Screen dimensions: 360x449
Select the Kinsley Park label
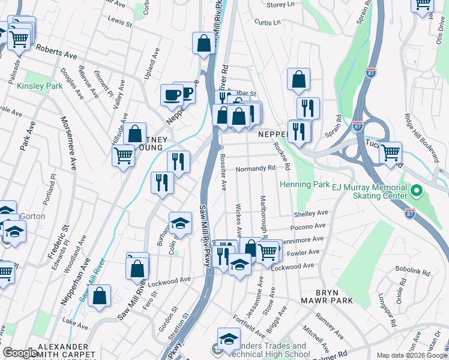click(x=40, y=86)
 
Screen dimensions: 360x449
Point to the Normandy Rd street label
click(x=255, y=169)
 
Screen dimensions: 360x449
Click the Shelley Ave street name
click(x=310, y=213)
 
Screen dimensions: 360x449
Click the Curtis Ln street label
click(x=267, y=22)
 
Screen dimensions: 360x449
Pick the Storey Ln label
click(x=280, y=5)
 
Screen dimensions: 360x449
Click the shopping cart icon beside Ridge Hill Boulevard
click(x=391, y=152)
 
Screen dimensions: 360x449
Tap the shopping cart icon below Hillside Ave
click(x=123, y=155)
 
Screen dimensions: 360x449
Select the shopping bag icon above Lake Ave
click(x=100, y=296)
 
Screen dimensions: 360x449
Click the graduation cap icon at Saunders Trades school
click(x=229, y=339)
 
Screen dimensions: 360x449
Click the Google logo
click(x=20, y=353)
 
